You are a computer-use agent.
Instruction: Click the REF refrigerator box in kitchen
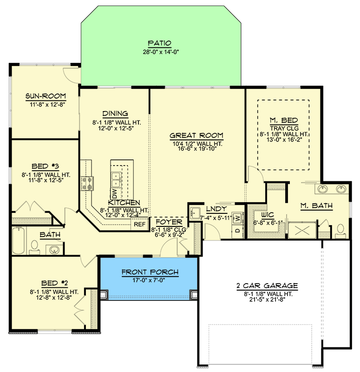tap(139, 224)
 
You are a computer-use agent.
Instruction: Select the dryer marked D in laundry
tap(237, 230)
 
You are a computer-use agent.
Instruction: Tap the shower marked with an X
tap(302, 230)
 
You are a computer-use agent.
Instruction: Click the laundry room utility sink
tap(195, 213)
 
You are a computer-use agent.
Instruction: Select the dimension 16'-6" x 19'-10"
tap(196, 149)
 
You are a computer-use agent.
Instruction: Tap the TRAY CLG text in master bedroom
tap(283, 128)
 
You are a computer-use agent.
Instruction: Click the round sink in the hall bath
tap(55, 250)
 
